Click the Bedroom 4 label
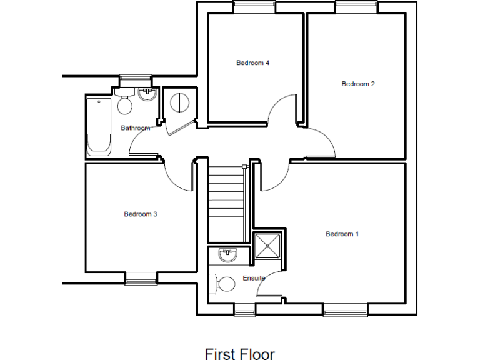252,62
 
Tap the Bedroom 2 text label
357,84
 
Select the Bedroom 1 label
342,234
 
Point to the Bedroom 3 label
140,214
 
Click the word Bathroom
135,128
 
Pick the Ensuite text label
254,278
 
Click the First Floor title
239,354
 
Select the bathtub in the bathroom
98,127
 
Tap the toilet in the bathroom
124,103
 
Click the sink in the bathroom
147,94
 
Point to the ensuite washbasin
227,254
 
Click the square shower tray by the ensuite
269,245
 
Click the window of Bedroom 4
254,7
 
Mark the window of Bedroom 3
141,277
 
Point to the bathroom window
136,79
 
